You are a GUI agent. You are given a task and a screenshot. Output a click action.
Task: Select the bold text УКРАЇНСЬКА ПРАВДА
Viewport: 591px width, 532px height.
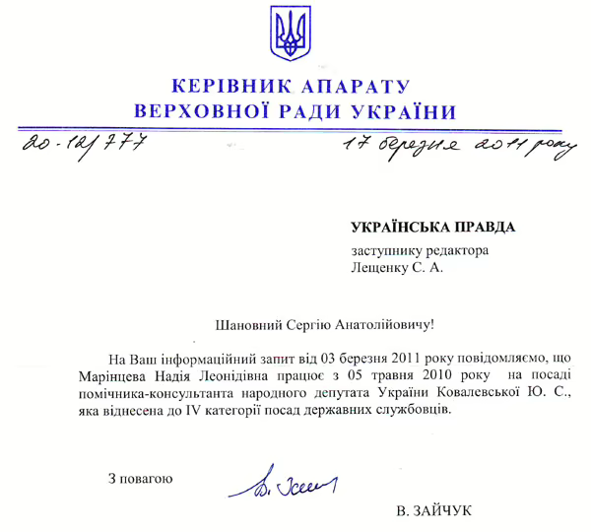pyautogui.click(x=432, y=228)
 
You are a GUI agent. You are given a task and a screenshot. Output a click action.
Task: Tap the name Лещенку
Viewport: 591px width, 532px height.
pyautogui.click(x=383, y=266)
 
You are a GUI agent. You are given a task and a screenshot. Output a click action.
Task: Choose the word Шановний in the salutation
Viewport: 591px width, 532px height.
pyautogui.click(x=248, y=322)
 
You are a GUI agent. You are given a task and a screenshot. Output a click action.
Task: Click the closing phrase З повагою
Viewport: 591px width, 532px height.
pyautogui.click(x=141, y=480)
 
